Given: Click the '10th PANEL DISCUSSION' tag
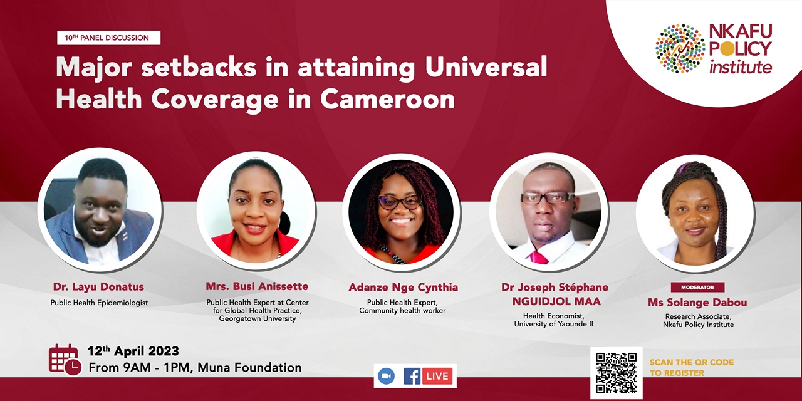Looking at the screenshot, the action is (x=108, y=38).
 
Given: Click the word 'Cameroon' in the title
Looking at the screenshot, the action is (x=387, y=99).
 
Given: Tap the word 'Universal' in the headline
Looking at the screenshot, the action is (x=486, y=67).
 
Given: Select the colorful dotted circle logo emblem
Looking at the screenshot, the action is (x=680, y=49).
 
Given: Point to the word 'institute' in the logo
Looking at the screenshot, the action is (x=741, y=67).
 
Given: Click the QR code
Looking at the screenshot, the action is (x=616, y=373).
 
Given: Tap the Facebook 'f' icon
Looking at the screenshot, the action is (x=412, y=376).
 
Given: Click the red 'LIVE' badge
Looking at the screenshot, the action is (x=437, y=376).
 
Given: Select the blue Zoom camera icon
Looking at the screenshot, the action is (x=387, y=376).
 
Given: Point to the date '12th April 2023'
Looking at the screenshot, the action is (x=133, y=350).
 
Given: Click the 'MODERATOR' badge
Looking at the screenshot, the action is (x=697, y=287).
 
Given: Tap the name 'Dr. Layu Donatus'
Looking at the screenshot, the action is (x=99, y=287).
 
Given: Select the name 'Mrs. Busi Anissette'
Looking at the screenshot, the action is (x=257, y=286).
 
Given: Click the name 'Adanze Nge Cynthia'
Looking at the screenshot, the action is (x=404, y=288).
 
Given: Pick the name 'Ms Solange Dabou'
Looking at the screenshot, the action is (x=697, y=303).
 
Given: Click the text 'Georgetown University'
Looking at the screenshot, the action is (x=258, y=319).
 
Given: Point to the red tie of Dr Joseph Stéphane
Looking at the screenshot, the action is (x=539, y=257).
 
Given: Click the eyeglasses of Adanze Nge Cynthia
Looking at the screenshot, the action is (x=400, y=202).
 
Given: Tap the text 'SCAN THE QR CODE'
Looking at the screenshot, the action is (x=692, y=362).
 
